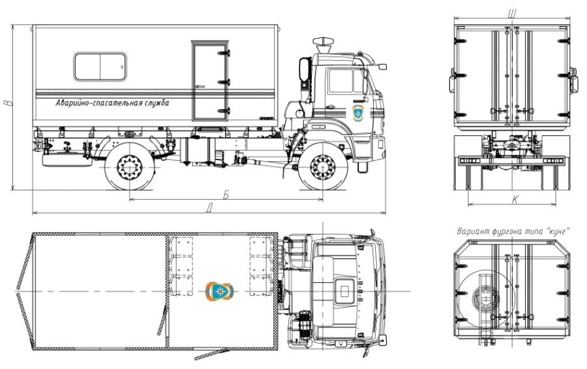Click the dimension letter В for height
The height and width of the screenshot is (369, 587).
point(7,103)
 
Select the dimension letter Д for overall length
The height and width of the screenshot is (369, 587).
point(209,208)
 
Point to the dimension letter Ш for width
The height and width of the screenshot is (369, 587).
point(512,14)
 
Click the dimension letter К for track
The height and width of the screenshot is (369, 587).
point(515,200)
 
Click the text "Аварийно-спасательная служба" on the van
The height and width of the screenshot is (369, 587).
point(112,103)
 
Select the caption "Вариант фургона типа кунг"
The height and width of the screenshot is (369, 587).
point(513,231)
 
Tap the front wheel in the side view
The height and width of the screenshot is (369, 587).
point(323,166)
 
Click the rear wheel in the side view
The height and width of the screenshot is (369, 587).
point(130,167)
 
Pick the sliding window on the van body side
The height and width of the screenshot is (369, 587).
point(100,67)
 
